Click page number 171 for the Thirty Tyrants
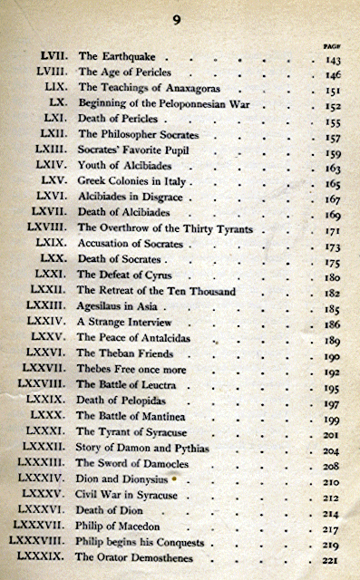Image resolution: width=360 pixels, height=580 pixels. click(333, 230)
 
